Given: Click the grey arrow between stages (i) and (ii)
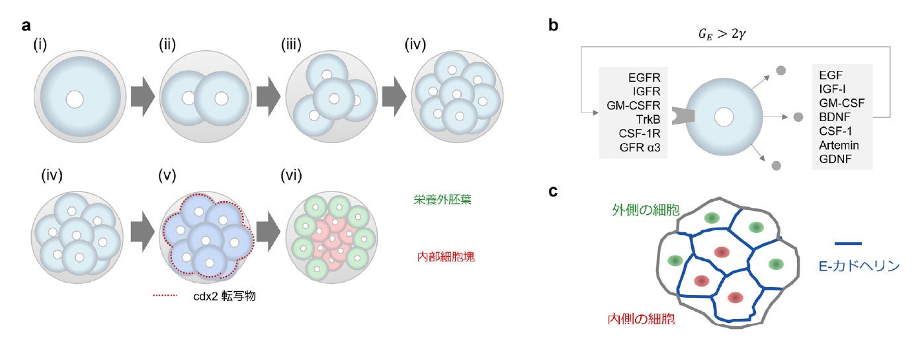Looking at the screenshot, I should point(140,100).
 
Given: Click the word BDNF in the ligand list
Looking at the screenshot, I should point(836,118).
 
